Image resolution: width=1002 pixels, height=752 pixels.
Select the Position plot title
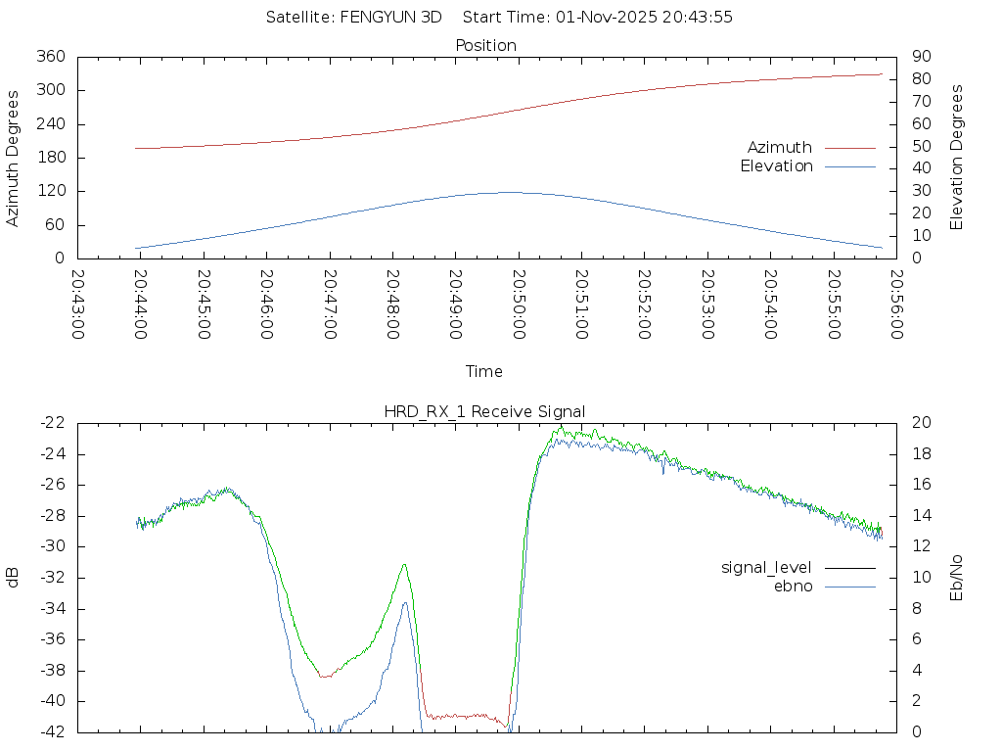pyautogui.click(x=485, y=45)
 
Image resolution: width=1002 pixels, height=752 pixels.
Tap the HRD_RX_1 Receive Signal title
pyautogui.click(x=485, y=411)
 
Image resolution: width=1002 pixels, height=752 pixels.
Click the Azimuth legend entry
pyautogui.click(x=780, y=148)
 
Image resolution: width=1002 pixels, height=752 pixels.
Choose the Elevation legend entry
pyautogui.click(x=776, y=166)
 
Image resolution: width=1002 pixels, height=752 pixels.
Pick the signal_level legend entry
pyautogui.click(x=766, y=568)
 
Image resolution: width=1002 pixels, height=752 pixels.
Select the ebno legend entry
pyautogui.click(x=793, y=586)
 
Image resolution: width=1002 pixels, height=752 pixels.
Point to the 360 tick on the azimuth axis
pyautogui.click(x=51, y=57)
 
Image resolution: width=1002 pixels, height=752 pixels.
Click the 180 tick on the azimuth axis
pyautogui.click(x=51, y=158)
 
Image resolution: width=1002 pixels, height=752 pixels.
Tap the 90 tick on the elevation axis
pyautogui.click(x=920, y=57)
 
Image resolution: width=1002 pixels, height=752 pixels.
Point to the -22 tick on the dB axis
pyautogui.click(x=53, y=423)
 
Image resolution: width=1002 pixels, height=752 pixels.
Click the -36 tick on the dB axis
pyautogui.click(x=53, y=639)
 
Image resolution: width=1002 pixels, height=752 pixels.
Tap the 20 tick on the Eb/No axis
pyautogui.click(x=920, y=423)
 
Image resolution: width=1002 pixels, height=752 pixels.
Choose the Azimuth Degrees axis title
pyautogui.click(x=13, y=158)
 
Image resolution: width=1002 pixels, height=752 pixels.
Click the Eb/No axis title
pyautogui.click(x=957, y=577)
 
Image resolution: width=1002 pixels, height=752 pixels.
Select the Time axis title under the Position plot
pyautogui.click(x=484, y=371)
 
